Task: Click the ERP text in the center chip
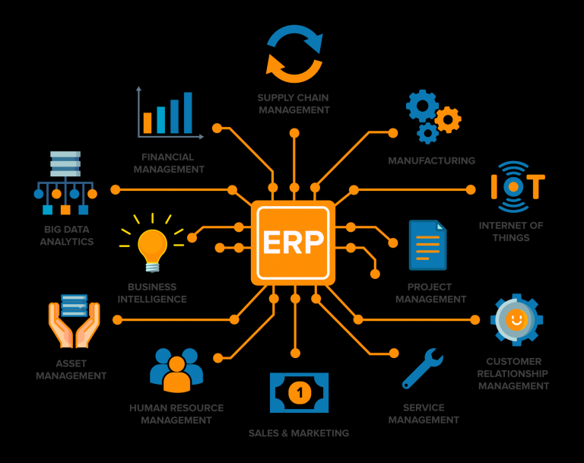293,243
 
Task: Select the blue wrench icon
422,369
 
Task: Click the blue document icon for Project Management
427,245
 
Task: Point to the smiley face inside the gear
516,319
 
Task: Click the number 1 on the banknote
300,392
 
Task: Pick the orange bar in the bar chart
148,123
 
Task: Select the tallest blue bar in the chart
188,113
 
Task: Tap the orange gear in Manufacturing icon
448,119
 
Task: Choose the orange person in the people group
177,375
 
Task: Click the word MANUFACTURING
432,160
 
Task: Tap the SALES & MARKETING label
299,433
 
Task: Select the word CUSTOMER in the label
513,361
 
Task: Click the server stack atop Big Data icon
65,163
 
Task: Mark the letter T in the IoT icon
536,187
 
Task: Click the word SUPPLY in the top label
274,97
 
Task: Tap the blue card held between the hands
74,306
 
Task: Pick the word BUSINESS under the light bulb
152,287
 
